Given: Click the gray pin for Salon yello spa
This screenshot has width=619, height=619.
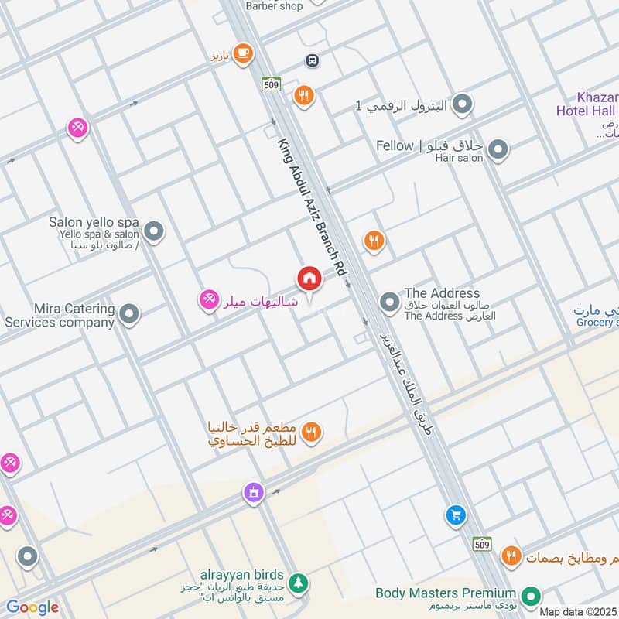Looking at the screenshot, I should [x=155, y=231].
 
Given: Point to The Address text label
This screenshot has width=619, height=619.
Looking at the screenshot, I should [x=442, y=294].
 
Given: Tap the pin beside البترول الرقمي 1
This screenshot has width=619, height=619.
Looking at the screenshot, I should [x=463, y=104].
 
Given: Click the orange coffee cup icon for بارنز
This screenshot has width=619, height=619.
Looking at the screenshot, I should [x=243, y=53].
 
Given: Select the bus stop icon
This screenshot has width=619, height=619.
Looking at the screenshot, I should [x=313, y=60].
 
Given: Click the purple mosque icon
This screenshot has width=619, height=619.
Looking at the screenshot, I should [x=252, y=491].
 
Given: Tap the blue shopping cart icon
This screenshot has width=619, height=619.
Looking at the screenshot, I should [x=456, y=515].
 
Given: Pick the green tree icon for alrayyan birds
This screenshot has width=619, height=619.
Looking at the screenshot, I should [x=297, y=582].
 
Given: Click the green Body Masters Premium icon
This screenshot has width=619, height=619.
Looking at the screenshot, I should [x=530, y=596].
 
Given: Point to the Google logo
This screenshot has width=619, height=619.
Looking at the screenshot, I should [x=32, y=607].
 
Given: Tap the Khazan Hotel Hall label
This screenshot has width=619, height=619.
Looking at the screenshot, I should [x=586, y=104].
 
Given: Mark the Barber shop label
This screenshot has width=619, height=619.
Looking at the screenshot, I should [x=274, y=5].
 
